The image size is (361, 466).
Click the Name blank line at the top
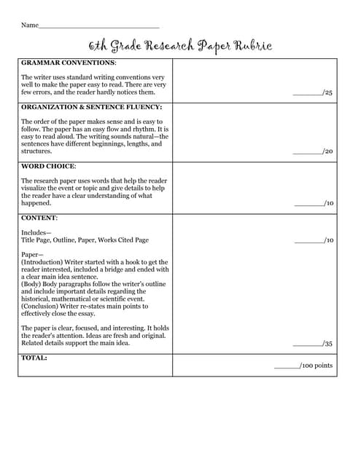coord(98,25)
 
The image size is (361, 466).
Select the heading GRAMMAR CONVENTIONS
coord(68,63)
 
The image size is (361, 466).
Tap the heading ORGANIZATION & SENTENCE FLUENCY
coord(92,107)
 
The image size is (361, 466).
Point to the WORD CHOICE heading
coord(48,166)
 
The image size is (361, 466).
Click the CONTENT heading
coord(39,218)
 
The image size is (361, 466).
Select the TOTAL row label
coord(34,358)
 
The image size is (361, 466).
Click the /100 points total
coord(303,366)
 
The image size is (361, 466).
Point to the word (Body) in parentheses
coord(32,284)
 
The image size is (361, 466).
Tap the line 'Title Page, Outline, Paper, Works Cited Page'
coord(85,240)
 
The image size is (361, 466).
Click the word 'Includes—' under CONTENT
coord(36,232)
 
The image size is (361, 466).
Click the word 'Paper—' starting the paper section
coord(33,255)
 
